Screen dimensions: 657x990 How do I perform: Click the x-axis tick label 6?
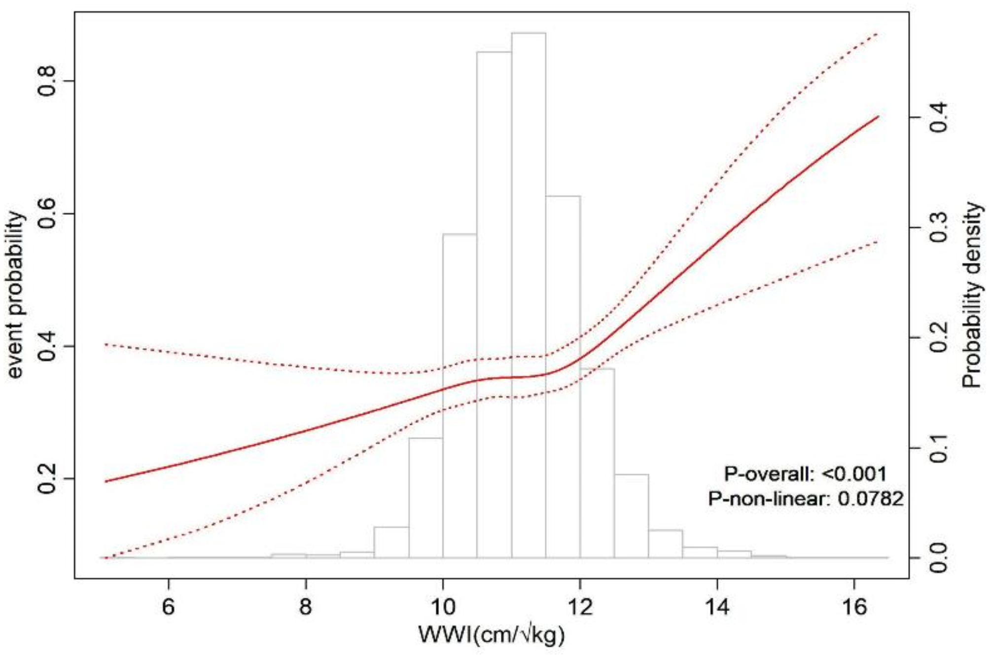click(x=169, y=607)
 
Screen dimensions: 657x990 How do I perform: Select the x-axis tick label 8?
click(x=306, y=607)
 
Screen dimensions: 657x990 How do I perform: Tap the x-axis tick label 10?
click(x=443, y=607)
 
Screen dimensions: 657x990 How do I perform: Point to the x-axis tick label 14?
click(x=717, y=607)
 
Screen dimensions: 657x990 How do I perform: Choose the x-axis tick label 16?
click(x=854, y=607)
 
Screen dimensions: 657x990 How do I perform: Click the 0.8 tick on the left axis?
click(x=48, y=81)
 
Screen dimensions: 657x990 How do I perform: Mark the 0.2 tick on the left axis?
click(x=48, y=478)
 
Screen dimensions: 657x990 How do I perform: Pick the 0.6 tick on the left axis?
click(x=48, y=214)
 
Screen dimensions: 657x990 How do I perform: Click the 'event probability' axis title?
click(x=16, y=295)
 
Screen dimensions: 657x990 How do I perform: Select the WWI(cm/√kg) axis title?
click(x=491, y=635)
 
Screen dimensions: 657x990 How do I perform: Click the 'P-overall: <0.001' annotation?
click(x=805, y=474)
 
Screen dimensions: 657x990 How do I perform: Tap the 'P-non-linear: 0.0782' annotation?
click(x=806, y=499)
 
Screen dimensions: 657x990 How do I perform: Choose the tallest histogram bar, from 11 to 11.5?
click(x=529, y=296)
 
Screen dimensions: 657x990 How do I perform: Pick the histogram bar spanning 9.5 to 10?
click(x=426, y=498)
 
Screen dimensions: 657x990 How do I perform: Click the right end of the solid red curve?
click(x=878, y=117)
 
